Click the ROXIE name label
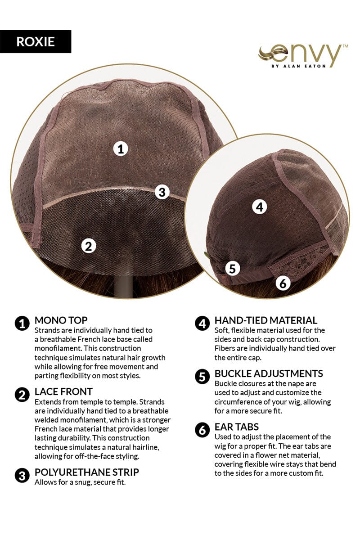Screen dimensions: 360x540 [x=36, y=41]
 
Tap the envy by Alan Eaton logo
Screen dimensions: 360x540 [x=303, y=56]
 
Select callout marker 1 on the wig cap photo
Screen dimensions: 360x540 [x=121, y=149]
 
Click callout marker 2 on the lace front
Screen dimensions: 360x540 [x=89, y=246]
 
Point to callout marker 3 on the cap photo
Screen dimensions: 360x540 [x=162, y=192]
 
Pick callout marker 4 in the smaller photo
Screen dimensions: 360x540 [x=260, y=207]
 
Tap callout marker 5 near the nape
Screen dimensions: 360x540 [x=233, y=268]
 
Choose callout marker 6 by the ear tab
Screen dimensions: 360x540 [x=283, y=283]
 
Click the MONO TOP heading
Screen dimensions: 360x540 [x=61, y=320]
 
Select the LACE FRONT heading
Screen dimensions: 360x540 [x=63, y=392]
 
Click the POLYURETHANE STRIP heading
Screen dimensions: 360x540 [x=87, y=472]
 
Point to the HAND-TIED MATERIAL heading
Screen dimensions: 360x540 [x=265, y=320]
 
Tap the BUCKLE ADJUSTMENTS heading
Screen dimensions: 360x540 [x=269, y=373]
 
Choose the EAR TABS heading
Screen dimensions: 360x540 [x=237, y=427]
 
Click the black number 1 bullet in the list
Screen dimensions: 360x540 [x=22, y=324]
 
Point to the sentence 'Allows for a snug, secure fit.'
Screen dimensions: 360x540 [x=80, y=482]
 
